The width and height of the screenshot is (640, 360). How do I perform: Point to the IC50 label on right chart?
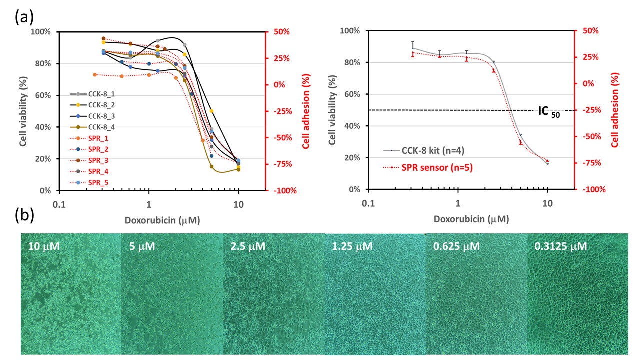pyautogui.click(x=548, y=111)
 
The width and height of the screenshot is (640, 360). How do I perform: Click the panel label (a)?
pyautogui.click(x=24, y=17)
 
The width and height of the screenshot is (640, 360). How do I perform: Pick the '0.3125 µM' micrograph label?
pyautogui.click(x=560, y=246)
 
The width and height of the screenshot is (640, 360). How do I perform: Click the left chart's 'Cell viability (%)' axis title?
pyautogui.click(x=23, y=111)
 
